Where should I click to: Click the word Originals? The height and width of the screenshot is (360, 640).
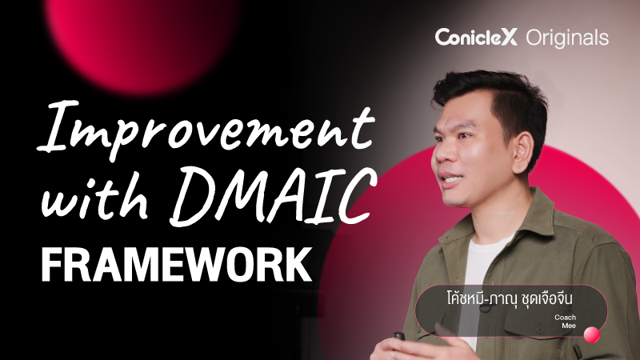coord(567,37)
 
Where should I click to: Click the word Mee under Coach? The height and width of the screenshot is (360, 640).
coord(569,326)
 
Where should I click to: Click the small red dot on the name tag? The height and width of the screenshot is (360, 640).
coord(592,335)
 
